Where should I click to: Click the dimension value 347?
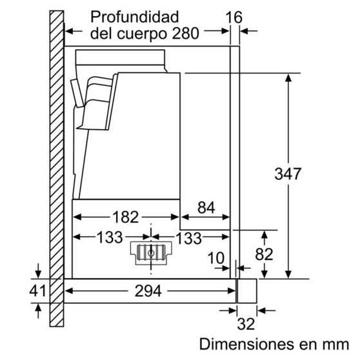(x=288, y=174)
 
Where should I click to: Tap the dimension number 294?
(x=148, y=291)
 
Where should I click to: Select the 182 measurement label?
(x=125, y=217)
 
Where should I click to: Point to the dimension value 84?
(x=206, y=207)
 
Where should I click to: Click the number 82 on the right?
(x=264, y=254)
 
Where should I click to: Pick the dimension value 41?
(x=37, y=291)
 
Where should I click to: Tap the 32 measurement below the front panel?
(x=246, y=324)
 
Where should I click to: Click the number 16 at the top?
(x=234, y=17)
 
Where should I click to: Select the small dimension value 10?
(x=215, y=258)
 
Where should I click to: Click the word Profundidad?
(x=135, y=17)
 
